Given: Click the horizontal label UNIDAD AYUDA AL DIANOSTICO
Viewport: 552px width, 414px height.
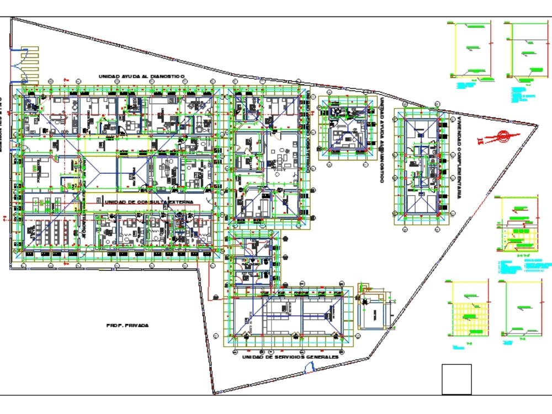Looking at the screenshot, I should coord(141,77).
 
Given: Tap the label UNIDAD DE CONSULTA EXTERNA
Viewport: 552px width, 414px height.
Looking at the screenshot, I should coord(148,202).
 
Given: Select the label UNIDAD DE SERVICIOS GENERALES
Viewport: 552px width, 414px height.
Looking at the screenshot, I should coord(290,357).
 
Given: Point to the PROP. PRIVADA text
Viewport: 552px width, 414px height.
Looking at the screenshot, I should coord(128,326).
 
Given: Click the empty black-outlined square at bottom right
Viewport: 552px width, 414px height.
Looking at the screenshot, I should coord(457,379).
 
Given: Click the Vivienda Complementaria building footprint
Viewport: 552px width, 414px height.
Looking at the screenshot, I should coord(423,165).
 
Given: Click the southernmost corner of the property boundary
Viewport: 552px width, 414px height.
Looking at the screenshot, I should coord(214,394).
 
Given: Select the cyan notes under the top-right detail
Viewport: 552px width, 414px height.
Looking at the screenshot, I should coord(521,95).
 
